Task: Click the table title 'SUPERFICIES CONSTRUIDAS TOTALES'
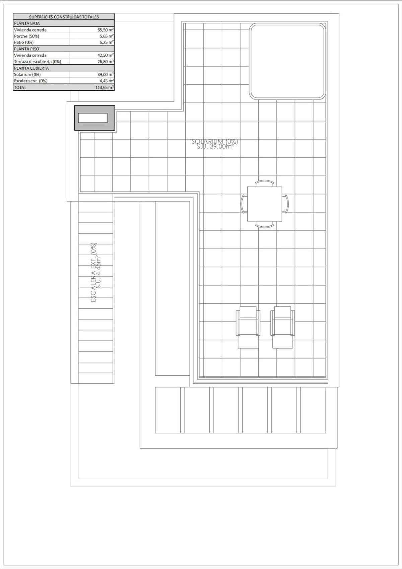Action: tap(64, 17)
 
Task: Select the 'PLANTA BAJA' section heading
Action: tap(27, 23)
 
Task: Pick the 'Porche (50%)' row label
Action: tap(26, 36)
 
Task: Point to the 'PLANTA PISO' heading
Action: tap(26, 49)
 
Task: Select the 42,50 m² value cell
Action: tap(105, 55)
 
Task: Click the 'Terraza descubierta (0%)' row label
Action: tap(38, 62)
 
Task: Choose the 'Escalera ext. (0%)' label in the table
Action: tap(30, 81)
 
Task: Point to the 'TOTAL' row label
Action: tap(20, 87)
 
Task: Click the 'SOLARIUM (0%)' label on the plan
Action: tap(214, 141)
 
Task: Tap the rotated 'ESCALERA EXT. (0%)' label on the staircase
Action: tap(94, 273)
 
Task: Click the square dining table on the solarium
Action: tap(264, 204)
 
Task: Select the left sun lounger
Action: tap(248, 327)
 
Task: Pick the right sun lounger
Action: tap(282, 327)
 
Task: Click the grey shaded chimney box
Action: tap(94, 118)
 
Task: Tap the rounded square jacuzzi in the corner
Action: tap(287, 61)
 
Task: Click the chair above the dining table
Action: tap(265, 183)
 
